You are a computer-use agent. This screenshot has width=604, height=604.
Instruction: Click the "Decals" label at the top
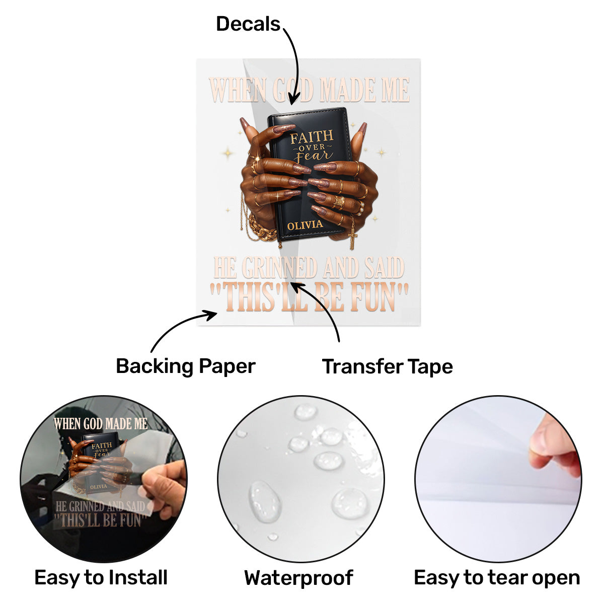coord(248,24)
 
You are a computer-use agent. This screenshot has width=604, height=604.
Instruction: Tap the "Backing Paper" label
coord(185,366)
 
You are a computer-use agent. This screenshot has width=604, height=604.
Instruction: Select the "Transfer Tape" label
coord(387,366)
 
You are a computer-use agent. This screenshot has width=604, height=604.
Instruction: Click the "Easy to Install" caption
coord(101,577)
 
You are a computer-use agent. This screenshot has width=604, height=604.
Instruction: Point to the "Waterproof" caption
coord(298,578)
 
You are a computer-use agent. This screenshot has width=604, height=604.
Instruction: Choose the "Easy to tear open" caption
coord(496,577)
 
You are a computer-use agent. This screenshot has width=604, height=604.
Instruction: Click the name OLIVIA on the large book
coord(305,225)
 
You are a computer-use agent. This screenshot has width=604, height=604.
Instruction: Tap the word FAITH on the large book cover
coord(312,136)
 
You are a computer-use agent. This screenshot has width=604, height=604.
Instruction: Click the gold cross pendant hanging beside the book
coord(353,238)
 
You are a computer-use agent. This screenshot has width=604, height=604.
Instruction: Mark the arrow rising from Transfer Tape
coord(322,307)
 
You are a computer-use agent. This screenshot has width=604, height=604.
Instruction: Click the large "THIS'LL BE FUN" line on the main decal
coord(309,297)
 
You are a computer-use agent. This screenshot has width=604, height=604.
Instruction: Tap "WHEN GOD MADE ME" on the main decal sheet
coord(309,91)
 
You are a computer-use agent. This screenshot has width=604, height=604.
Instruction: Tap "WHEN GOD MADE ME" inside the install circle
coord(101,424)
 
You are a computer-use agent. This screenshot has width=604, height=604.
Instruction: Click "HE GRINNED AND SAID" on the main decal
coord(309,267)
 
